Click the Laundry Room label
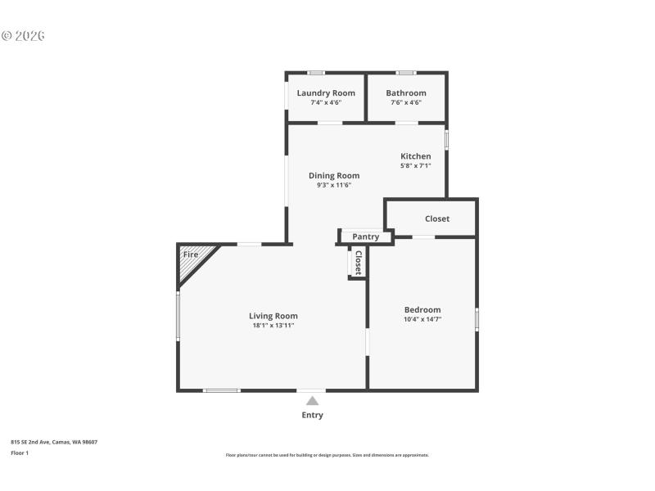[x=326, y=93]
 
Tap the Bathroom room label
[x=406, y=93]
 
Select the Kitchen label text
[x=415, y=156]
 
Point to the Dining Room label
[x=334, y=175]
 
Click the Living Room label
[x=273, y=316]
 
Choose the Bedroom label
[x=422, y=309]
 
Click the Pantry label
[x=365, y=237]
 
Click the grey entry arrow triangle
[x=312, y=400]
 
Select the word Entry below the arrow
[x=312, y=415]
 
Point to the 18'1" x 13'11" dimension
[x=273, y=326]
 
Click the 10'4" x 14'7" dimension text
[x=422, y=319]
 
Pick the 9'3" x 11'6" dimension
[x=334, y=185]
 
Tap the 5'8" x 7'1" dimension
[x=415, y=166]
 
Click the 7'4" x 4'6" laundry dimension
[x=326, y=103]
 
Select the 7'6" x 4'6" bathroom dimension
[x=406, y=103]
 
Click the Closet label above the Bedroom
[x=437, y=218]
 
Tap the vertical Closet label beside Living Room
[x=358, y=262]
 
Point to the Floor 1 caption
[x=20, y=453]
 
